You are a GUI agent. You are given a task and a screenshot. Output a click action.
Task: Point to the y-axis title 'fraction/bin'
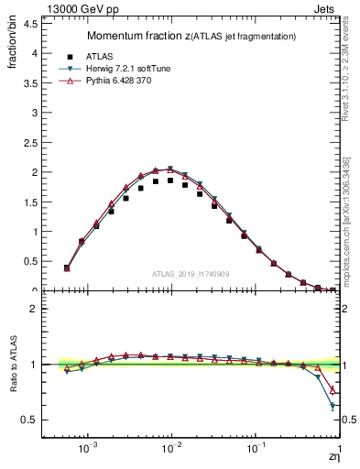(11, 45)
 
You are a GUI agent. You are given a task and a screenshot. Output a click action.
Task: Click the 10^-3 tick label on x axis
(88, 451)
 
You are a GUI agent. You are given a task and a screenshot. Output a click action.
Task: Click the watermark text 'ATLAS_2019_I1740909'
(191, 274)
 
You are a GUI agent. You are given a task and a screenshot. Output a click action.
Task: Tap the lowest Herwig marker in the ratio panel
(333, 406)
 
